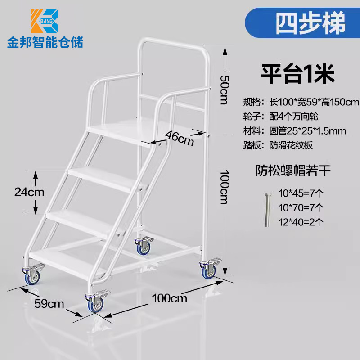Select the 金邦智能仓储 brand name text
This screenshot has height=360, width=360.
coord(45,43)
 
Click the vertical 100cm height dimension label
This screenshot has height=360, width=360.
coord(225,186)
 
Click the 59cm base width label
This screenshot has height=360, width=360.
coord(49,303)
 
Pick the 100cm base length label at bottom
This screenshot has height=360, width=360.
coord(170,298)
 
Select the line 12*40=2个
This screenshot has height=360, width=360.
coord(301,221)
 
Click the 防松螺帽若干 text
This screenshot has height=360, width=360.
coord(293,171)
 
